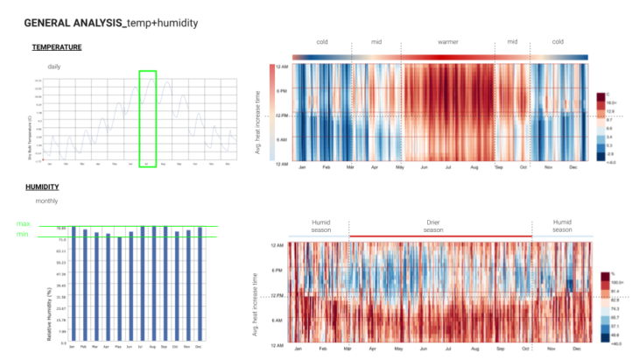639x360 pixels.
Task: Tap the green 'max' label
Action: pos(23,224)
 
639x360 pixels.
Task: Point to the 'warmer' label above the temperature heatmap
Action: pos(448,41)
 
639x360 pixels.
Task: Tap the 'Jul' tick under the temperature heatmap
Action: pos(449,166)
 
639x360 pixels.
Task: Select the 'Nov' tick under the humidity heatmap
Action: pos(551,349)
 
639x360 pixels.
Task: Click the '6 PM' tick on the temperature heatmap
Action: pos(282,90)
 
